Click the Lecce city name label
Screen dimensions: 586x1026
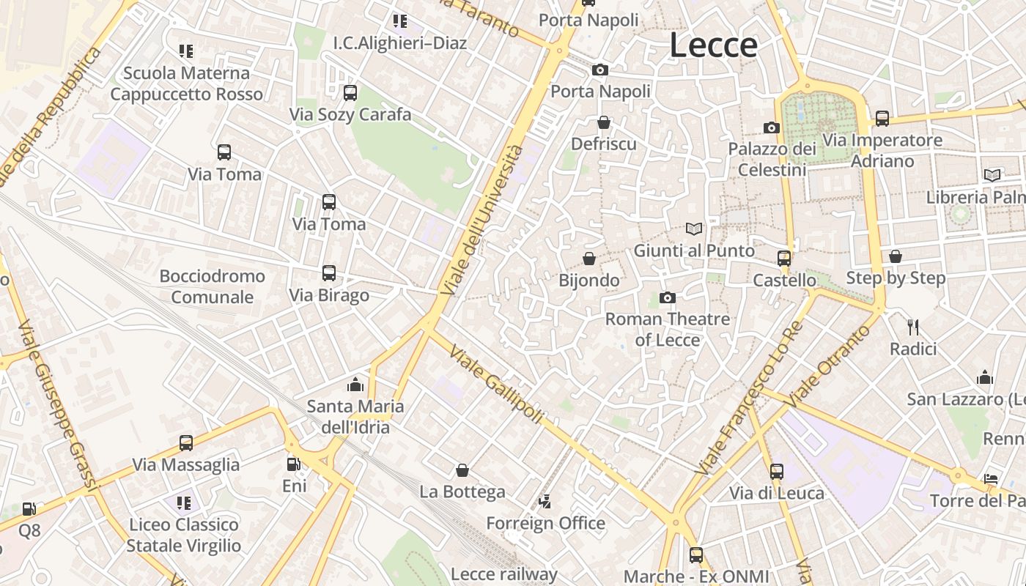tap(713, 45)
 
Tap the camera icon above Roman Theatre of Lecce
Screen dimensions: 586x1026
tap(667, 297)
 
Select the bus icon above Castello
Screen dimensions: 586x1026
tap(784, 258)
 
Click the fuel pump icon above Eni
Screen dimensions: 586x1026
tap(293, 464)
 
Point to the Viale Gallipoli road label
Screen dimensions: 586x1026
tap(496, 384)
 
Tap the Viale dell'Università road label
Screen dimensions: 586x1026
tap(481, 220)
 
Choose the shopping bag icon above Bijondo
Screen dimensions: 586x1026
tap(588, 259)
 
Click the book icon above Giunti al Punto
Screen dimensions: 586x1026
tap(693, 229)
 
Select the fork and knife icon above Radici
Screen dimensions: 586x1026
tap(912, 327)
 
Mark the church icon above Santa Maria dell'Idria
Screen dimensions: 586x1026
tap(355, 384)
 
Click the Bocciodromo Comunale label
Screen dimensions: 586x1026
tap(213, 286)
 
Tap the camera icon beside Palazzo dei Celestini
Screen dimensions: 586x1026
tap(771, 127)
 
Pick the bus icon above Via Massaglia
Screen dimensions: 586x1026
tap(186, 442)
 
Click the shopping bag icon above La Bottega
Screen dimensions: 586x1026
tap(462, 470)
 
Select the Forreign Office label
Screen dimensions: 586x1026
tap(546, 523)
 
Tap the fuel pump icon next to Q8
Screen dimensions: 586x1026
tap(29, 508)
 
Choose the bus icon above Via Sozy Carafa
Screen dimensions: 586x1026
tap(350, 92)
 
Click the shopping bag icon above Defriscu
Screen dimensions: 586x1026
tap(603, 122)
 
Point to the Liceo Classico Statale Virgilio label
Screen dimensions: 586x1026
tap(183, 535)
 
